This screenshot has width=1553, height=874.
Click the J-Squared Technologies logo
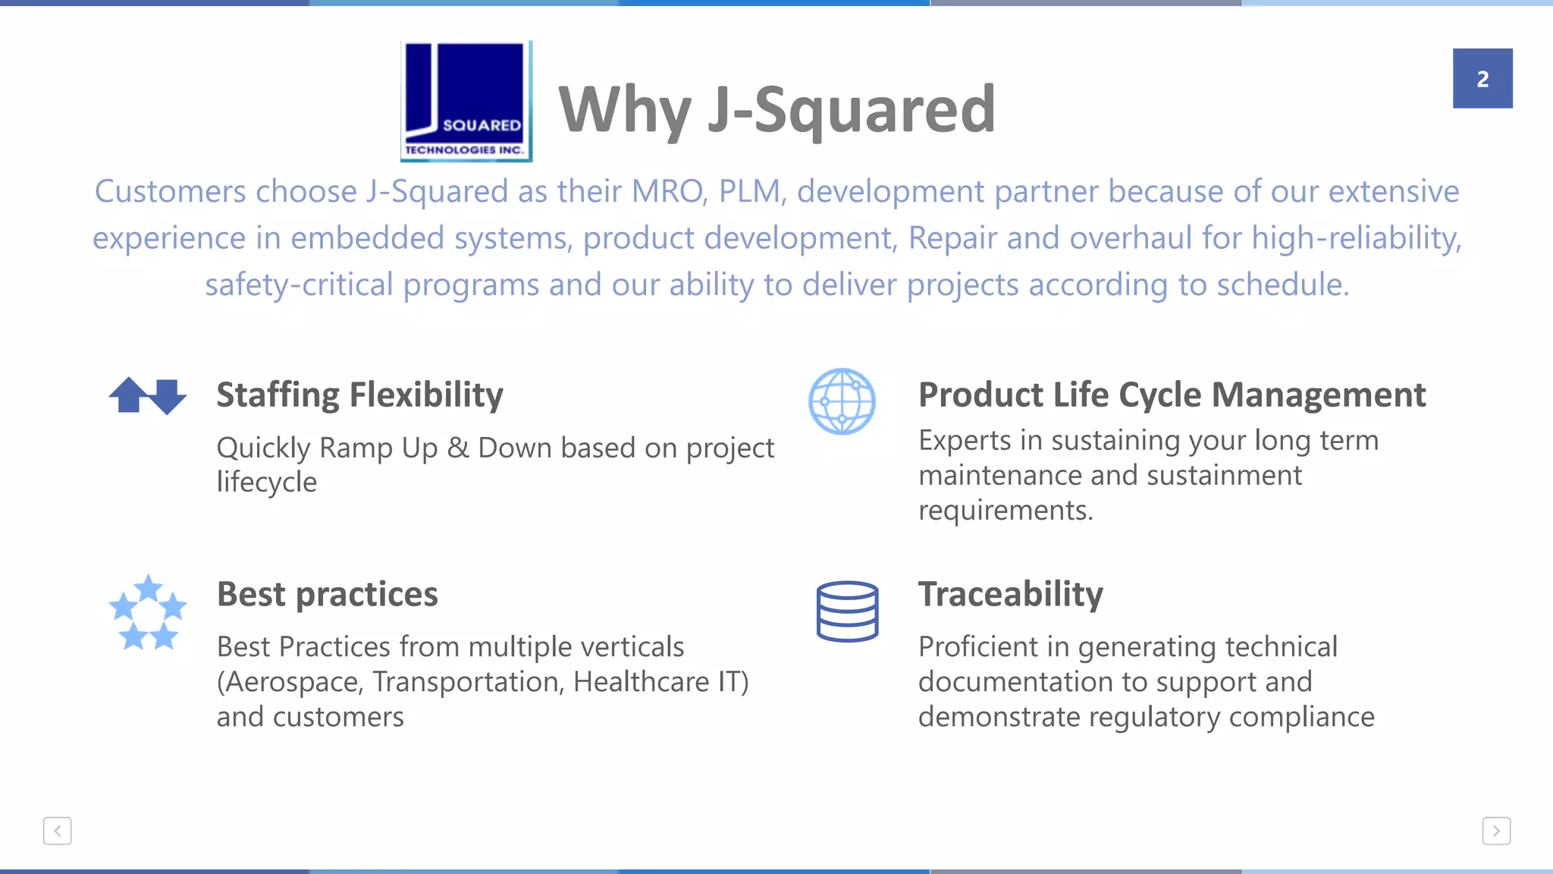click(466, 101)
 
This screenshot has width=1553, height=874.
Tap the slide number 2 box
click(1482, 79)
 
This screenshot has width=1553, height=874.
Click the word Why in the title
click(624, 110)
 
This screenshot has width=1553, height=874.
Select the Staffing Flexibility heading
click(359, 395)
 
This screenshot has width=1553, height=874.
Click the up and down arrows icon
click(148, 395)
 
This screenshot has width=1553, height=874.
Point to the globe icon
click(842, 401)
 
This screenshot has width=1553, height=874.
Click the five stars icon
click(148, 613)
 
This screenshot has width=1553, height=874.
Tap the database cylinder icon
click(847, 611)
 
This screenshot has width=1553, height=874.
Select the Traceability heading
click(1010, 594)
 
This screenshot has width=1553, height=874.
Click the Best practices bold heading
click(327, 594)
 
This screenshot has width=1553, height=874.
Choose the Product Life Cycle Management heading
click(1172, 395)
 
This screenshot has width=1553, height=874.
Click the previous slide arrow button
click(58, 831)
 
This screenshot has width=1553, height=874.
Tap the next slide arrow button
click(1495, 831)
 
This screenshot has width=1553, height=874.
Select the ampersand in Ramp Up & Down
click(458, 448)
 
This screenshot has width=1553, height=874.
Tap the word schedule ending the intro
click(1282, 285)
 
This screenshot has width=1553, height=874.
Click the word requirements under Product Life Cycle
click(1005, 511)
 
